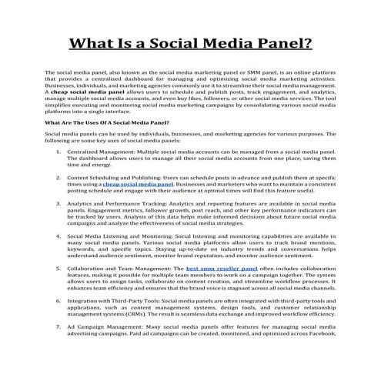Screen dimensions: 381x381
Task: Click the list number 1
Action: (60, 152)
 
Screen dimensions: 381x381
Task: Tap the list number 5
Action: (60, 269)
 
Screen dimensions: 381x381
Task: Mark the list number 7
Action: (60, 326)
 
